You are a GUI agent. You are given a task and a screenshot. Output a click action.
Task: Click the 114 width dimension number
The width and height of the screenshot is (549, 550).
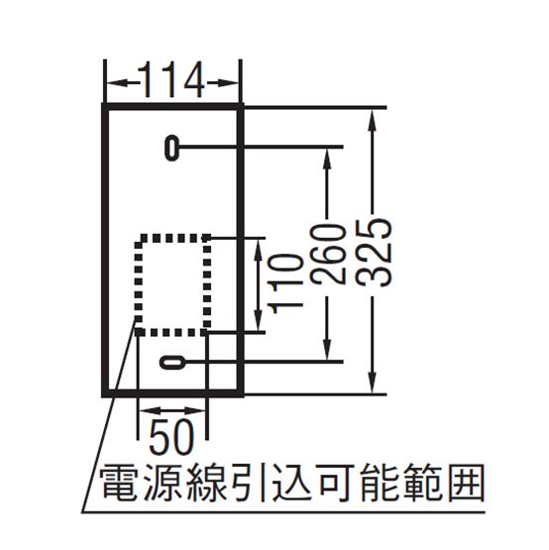(x=171, y=80)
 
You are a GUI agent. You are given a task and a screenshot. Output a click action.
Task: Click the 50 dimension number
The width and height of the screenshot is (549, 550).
(x=171, y=436)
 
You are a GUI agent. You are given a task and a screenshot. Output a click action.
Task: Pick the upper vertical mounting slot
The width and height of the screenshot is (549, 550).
(x=171, y=148)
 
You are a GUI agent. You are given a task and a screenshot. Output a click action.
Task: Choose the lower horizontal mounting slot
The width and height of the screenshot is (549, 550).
(x=171, y=362)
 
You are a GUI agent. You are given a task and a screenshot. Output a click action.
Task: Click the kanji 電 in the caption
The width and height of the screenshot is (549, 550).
(x=119, y=483)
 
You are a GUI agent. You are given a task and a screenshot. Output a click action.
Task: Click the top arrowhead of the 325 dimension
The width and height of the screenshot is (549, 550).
(x=373, y=119)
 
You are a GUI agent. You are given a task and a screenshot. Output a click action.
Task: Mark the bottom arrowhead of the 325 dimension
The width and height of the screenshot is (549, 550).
(x=373, y=382)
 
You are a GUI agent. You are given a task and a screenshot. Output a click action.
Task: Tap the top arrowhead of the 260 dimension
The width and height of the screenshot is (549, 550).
(x=327, y=160)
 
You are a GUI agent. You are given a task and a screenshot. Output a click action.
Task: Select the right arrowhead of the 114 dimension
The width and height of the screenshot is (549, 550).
(x=228, y=83)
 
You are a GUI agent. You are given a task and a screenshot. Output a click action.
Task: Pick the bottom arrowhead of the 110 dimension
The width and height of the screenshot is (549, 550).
(x=259, y=319)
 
